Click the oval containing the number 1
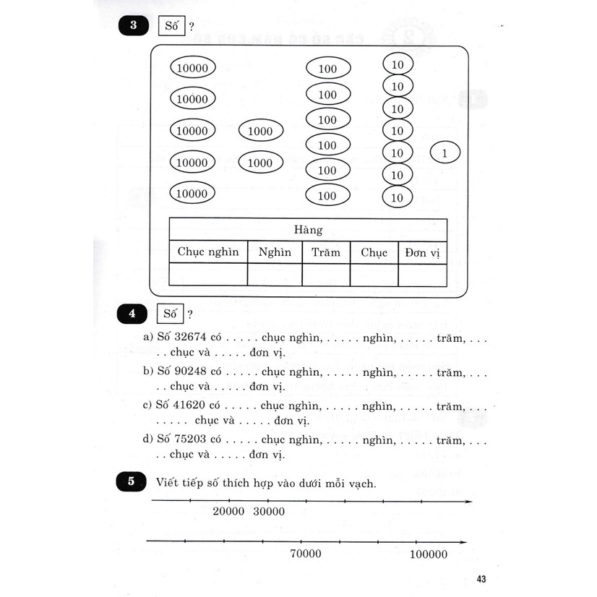tap(444, 153)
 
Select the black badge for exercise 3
tap(132, 27)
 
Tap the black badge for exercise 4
tap(132, 314)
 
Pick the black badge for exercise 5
tap(132, 482)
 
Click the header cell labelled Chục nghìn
tap(207, 252)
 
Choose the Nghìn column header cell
tap(275, 252)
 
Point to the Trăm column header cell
tap(326, 252)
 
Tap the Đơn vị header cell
tap(422, 252)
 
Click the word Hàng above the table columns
tap(308, 230)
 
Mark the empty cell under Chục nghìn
tap(207, 275)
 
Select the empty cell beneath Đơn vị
tap(422, 275)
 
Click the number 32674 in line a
tap(187, 337)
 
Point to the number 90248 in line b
tap(187, 371)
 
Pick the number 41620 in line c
tap(187, 406)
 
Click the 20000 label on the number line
tap(229, 512)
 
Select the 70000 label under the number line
tap(306, 554)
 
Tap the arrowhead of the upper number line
tap(469, 502)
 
